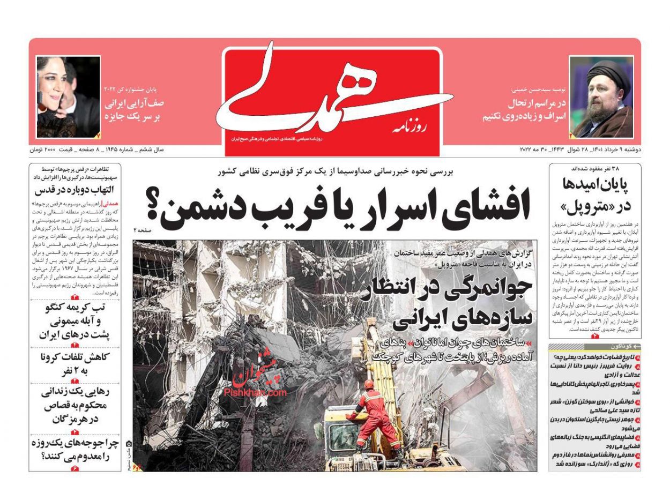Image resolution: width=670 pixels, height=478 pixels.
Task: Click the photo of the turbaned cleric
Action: coord(601,97)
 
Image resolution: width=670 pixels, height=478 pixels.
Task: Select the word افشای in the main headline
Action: coord(488,203)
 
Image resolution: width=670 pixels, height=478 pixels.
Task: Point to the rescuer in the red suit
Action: coord(375,413)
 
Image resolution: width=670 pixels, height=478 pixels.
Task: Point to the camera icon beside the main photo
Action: coord(129,444)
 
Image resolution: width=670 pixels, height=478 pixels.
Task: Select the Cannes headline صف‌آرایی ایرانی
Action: coord(134,109)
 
